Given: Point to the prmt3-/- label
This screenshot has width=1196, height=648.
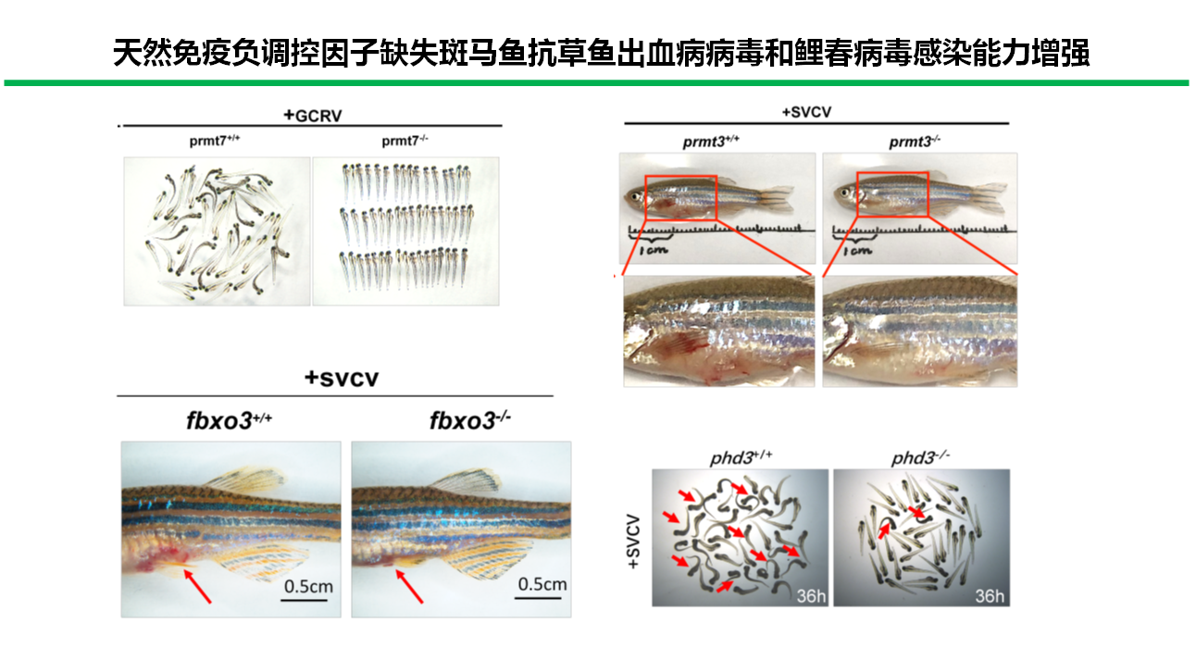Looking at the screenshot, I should [x=916, y=142].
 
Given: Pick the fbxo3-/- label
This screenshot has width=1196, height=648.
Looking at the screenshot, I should [x=470, y=421].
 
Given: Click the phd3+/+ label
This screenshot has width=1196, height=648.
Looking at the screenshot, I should [x=741, y=458].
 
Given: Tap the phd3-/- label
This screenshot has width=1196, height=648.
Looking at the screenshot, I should [x=920, y=458].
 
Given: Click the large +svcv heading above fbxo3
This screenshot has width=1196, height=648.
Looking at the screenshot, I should [x=342, y=378].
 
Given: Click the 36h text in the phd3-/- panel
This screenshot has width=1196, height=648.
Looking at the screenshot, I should [x=987, y=595].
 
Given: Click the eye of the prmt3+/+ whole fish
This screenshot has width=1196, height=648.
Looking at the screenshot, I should [x=634, y=196].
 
